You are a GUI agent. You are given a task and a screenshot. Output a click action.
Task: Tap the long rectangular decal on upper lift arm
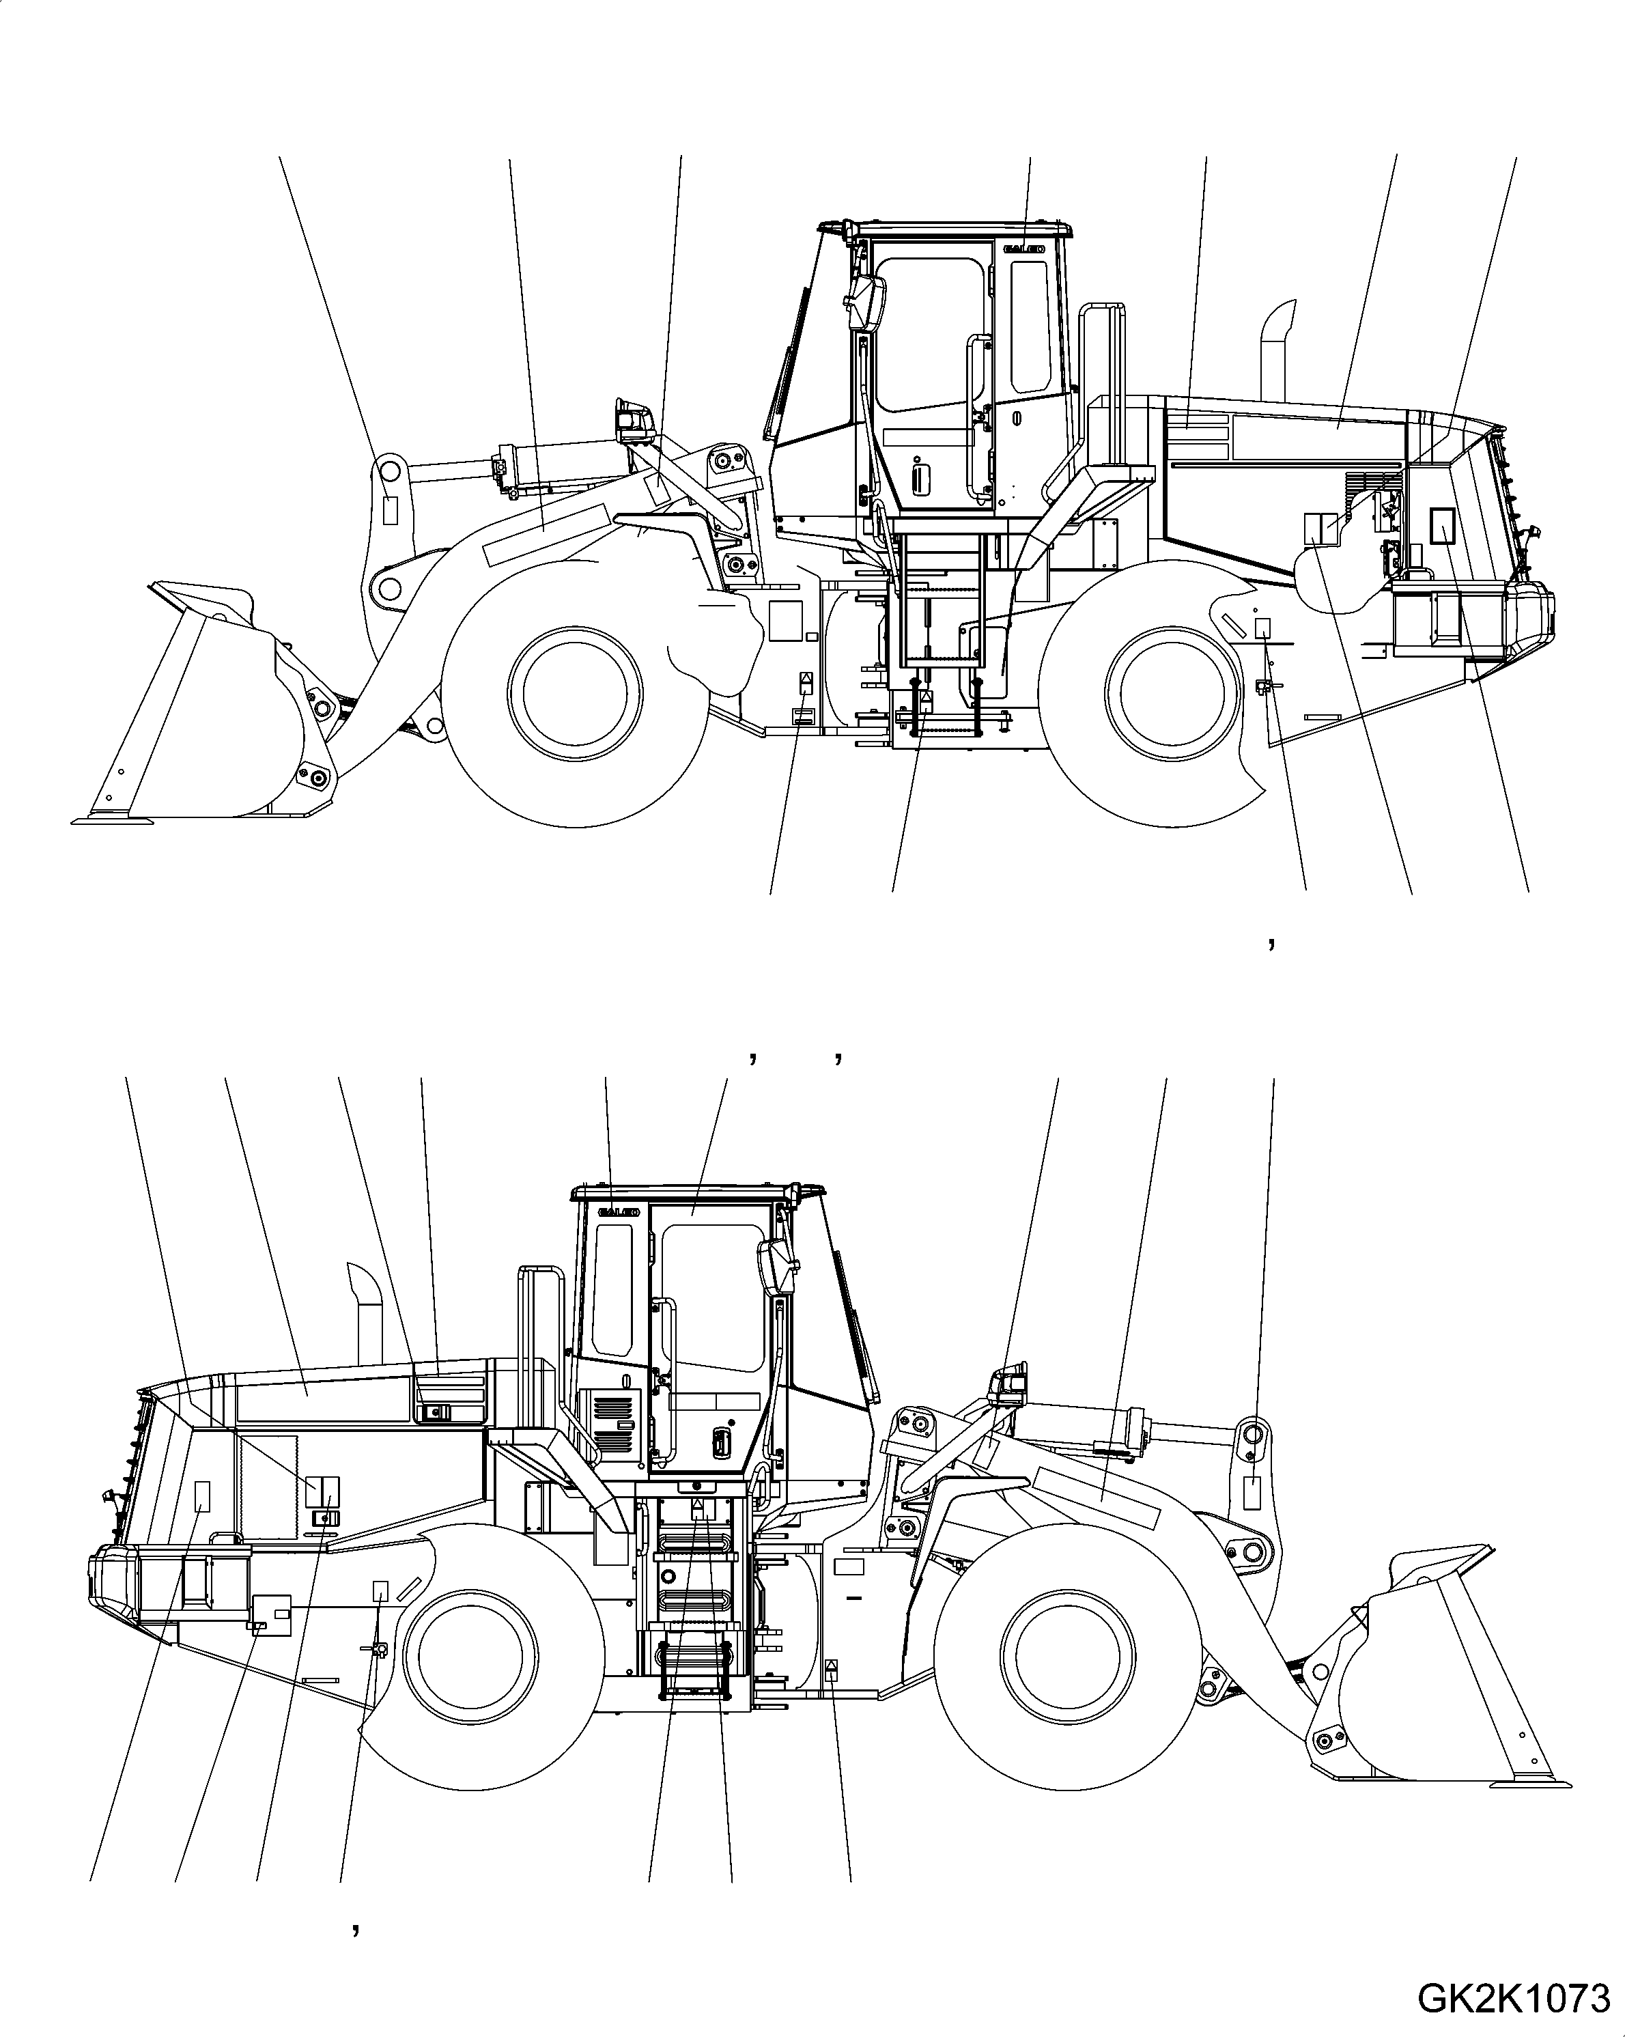544,534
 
